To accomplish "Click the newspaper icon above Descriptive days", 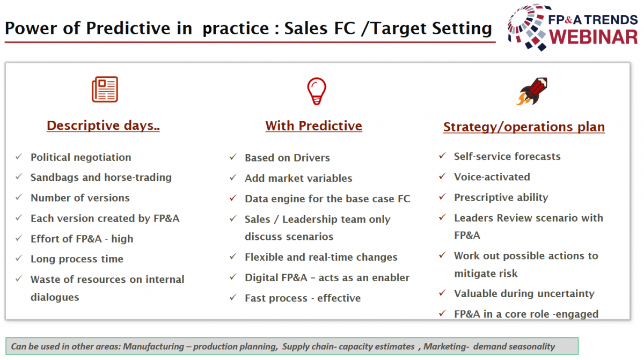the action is coord(105,90).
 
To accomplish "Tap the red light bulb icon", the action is coord(317,91).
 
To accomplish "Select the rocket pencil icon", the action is coord(532,91).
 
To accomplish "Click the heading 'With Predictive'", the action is coord(313,126).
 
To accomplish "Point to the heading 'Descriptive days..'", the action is coord(103,126).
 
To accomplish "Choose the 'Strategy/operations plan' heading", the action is coord(524,127).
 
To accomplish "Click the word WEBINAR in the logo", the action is coord(593,37).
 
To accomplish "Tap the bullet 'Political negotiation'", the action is coord(81,157).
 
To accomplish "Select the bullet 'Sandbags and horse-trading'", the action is coord(101,178).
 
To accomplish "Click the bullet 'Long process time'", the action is coord(77,259).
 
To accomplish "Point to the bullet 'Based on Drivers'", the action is coord(287,158).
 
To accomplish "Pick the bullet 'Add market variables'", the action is coord(298,178).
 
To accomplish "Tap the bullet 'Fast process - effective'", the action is coord(303,298).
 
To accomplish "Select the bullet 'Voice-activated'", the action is coord(492,177).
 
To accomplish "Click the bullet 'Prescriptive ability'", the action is coord(501,197).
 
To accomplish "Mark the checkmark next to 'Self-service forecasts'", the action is coord(442,156).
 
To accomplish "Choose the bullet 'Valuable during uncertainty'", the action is coord(524,293).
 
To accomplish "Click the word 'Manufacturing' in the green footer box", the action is coord(153,347).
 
